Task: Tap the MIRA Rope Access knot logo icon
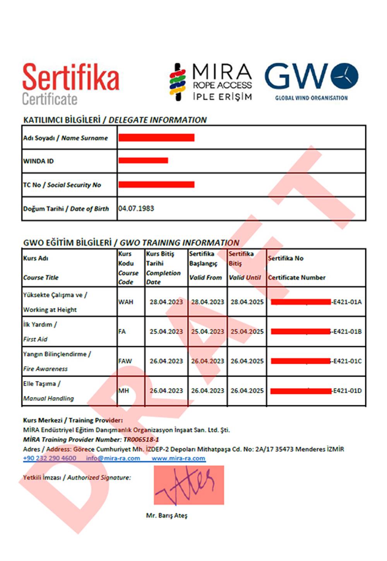coord(178,82)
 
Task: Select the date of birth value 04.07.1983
coord(136,208)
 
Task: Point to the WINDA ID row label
coord(38,161)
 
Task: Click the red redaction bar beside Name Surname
coord(156,138)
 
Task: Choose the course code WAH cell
coord(126,302)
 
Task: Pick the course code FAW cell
coord(125,361)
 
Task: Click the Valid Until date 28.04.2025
coord(247,302)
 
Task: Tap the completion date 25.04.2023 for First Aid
coord(166,332)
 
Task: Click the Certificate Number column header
coord(296,278)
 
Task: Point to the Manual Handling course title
coord(48,398)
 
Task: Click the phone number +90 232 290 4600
coord(50,458)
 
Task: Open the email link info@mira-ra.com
coord(113,458)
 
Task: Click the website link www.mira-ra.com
coord(178,458)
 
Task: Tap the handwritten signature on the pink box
coord(189,484)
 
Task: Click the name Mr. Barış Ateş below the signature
coord(166,515)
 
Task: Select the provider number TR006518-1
coord(141,440)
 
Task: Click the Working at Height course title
coord(50,310)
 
